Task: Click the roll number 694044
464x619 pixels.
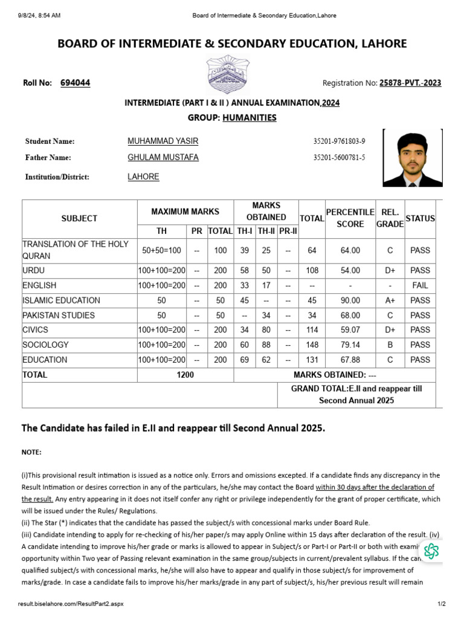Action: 76,83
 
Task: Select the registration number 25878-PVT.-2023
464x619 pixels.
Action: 410,83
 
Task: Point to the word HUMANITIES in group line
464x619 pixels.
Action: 249,117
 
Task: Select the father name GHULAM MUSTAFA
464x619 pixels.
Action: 163,157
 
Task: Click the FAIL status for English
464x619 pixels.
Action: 420,285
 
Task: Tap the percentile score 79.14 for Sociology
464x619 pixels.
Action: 350,345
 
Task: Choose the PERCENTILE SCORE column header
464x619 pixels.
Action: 350,218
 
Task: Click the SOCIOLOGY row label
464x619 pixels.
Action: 45,345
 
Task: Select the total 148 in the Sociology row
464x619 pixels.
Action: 312,345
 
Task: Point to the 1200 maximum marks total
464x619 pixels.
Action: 185,375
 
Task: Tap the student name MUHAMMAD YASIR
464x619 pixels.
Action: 163,141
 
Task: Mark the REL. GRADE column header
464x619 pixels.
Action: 390,218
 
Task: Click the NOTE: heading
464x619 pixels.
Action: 32,452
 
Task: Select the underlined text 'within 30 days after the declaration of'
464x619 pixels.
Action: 375,487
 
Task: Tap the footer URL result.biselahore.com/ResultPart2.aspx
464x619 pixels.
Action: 71,604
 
